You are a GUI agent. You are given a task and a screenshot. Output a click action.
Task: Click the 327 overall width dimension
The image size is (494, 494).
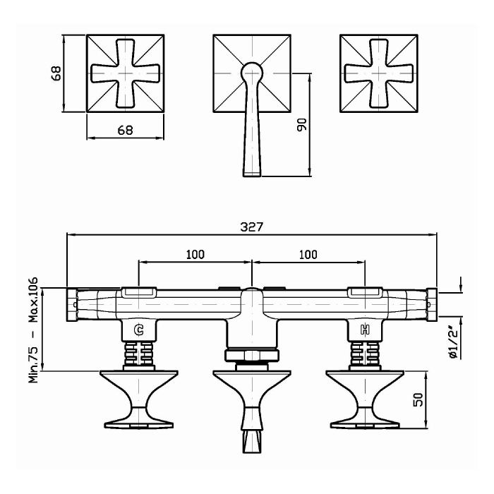251,227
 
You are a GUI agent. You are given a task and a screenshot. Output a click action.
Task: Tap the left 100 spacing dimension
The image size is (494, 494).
195,254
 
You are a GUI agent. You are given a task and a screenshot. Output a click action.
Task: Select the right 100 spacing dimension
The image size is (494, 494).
308,254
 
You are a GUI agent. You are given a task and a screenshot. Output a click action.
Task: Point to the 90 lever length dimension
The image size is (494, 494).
302,125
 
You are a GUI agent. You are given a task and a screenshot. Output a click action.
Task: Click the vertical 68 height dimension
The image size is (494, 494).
56,73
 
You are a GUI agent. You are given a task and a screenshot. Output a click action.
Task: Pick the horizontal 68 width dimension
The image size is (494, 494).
125,130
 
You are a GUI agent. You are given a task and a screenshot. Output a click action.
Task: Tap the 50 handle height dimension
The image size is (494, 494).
418,399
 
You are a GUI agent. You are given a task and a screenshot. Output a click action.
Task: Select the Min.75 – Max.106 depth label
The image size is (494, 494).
33,330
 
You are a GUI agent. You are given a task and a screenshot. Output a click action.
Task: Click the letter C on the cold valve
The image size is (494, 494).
139,330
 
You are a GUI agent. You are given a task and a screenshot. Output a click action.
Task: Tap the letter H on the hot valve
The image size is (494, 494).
365,330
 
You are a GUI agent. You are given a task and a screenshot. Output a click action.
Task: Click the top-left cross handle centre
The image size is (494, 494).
125,73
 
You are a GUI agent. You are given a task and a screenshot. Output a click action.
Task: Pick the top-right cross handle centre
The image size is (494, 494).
378,73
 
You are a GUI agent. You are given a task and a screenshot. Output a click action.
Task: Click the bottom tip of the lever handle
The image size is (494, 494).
252,176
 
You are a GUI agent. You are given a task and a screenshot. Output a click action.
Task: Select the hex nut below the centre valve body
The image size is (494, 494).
252,356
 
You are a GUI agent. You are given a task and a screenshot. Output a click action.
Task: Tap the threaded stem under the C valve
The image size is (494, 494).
139,354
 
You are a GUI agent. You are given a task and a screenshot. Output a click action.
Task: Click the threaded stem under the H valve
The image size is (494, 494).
365,354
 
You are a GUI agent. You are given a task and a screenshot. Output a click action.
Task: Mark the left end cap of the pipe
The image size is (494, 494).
71,305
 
